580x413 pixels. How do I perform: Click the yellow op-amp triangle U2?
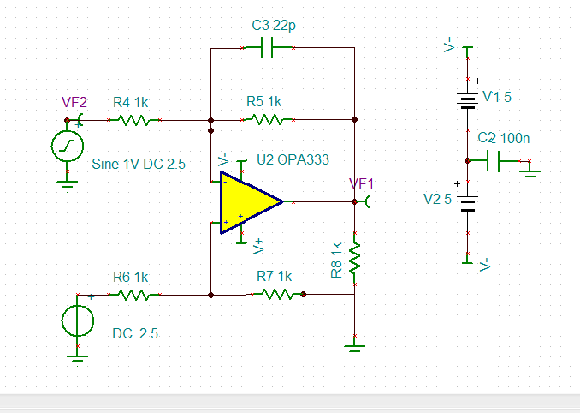click(246, 202)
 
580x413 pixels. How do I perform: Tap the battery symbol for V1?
click(467, 101)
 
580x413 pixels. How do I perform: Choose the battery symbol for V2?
click(467, 203)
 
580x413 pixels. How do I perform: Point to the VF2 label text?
click(74, 102)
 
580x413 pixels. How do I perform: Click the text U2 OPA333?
click(293, 160)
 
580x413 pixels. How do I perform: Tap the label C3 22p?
click(274, 26)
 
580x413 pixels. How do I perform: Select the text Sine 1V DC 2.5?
click(139, 164)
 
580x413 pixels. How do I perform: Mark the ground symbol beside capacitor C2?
click(530, 171)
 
